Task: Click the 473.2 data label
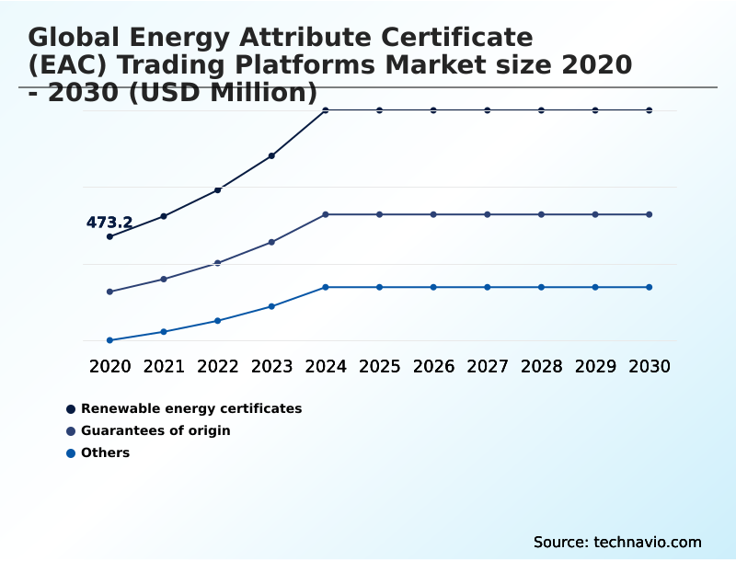[109, 223]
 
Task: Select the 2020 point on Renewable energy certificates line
[109, 236]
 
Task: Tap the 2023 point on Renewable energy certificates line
[271, 155]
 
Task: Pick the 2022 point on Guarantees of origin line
[218, 263]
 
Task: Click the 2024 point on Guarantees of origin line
[326, 214]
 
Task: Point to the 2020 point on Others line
[109, 340]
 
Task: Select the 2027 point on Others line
[488, 287]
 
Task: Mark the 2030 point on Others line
[650, 287]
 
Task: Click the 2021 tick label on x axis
[164, 366]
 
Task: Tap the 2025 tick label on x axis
[379, 366]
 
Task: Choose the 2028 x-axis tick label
[541, 366]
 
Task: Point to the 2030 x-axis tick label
[650, 366]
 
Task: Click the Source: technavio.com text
[617, 542]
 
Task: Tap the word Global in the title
[76, 38]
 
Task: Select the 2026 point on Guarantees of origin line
[433, 214]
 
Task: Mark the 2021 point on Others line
[164, 331]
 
